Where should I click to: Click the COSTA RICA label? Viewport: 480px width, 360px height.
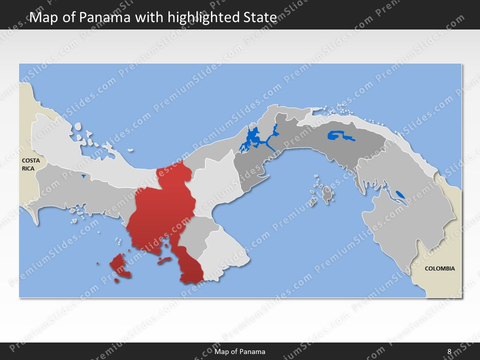pos(30,164)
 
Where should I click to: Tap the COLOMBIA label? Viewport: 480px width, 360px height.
pos(439,268)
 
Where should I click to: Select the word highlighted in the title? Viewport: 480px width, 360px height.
pos(194,17)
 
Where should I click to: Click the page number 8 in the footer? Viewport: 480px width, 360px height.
pos(449,351)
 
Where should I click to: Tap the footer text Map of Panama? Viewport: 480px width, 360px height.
pos(239,351)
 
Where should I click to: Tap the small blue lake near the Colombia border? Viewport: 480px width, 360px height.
pos(399,194)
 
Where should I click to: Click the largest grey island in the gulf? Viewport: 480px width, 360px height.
pos(327,194)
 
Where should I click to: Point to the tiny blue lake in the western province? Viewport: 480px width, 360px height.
pos(83,175)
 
